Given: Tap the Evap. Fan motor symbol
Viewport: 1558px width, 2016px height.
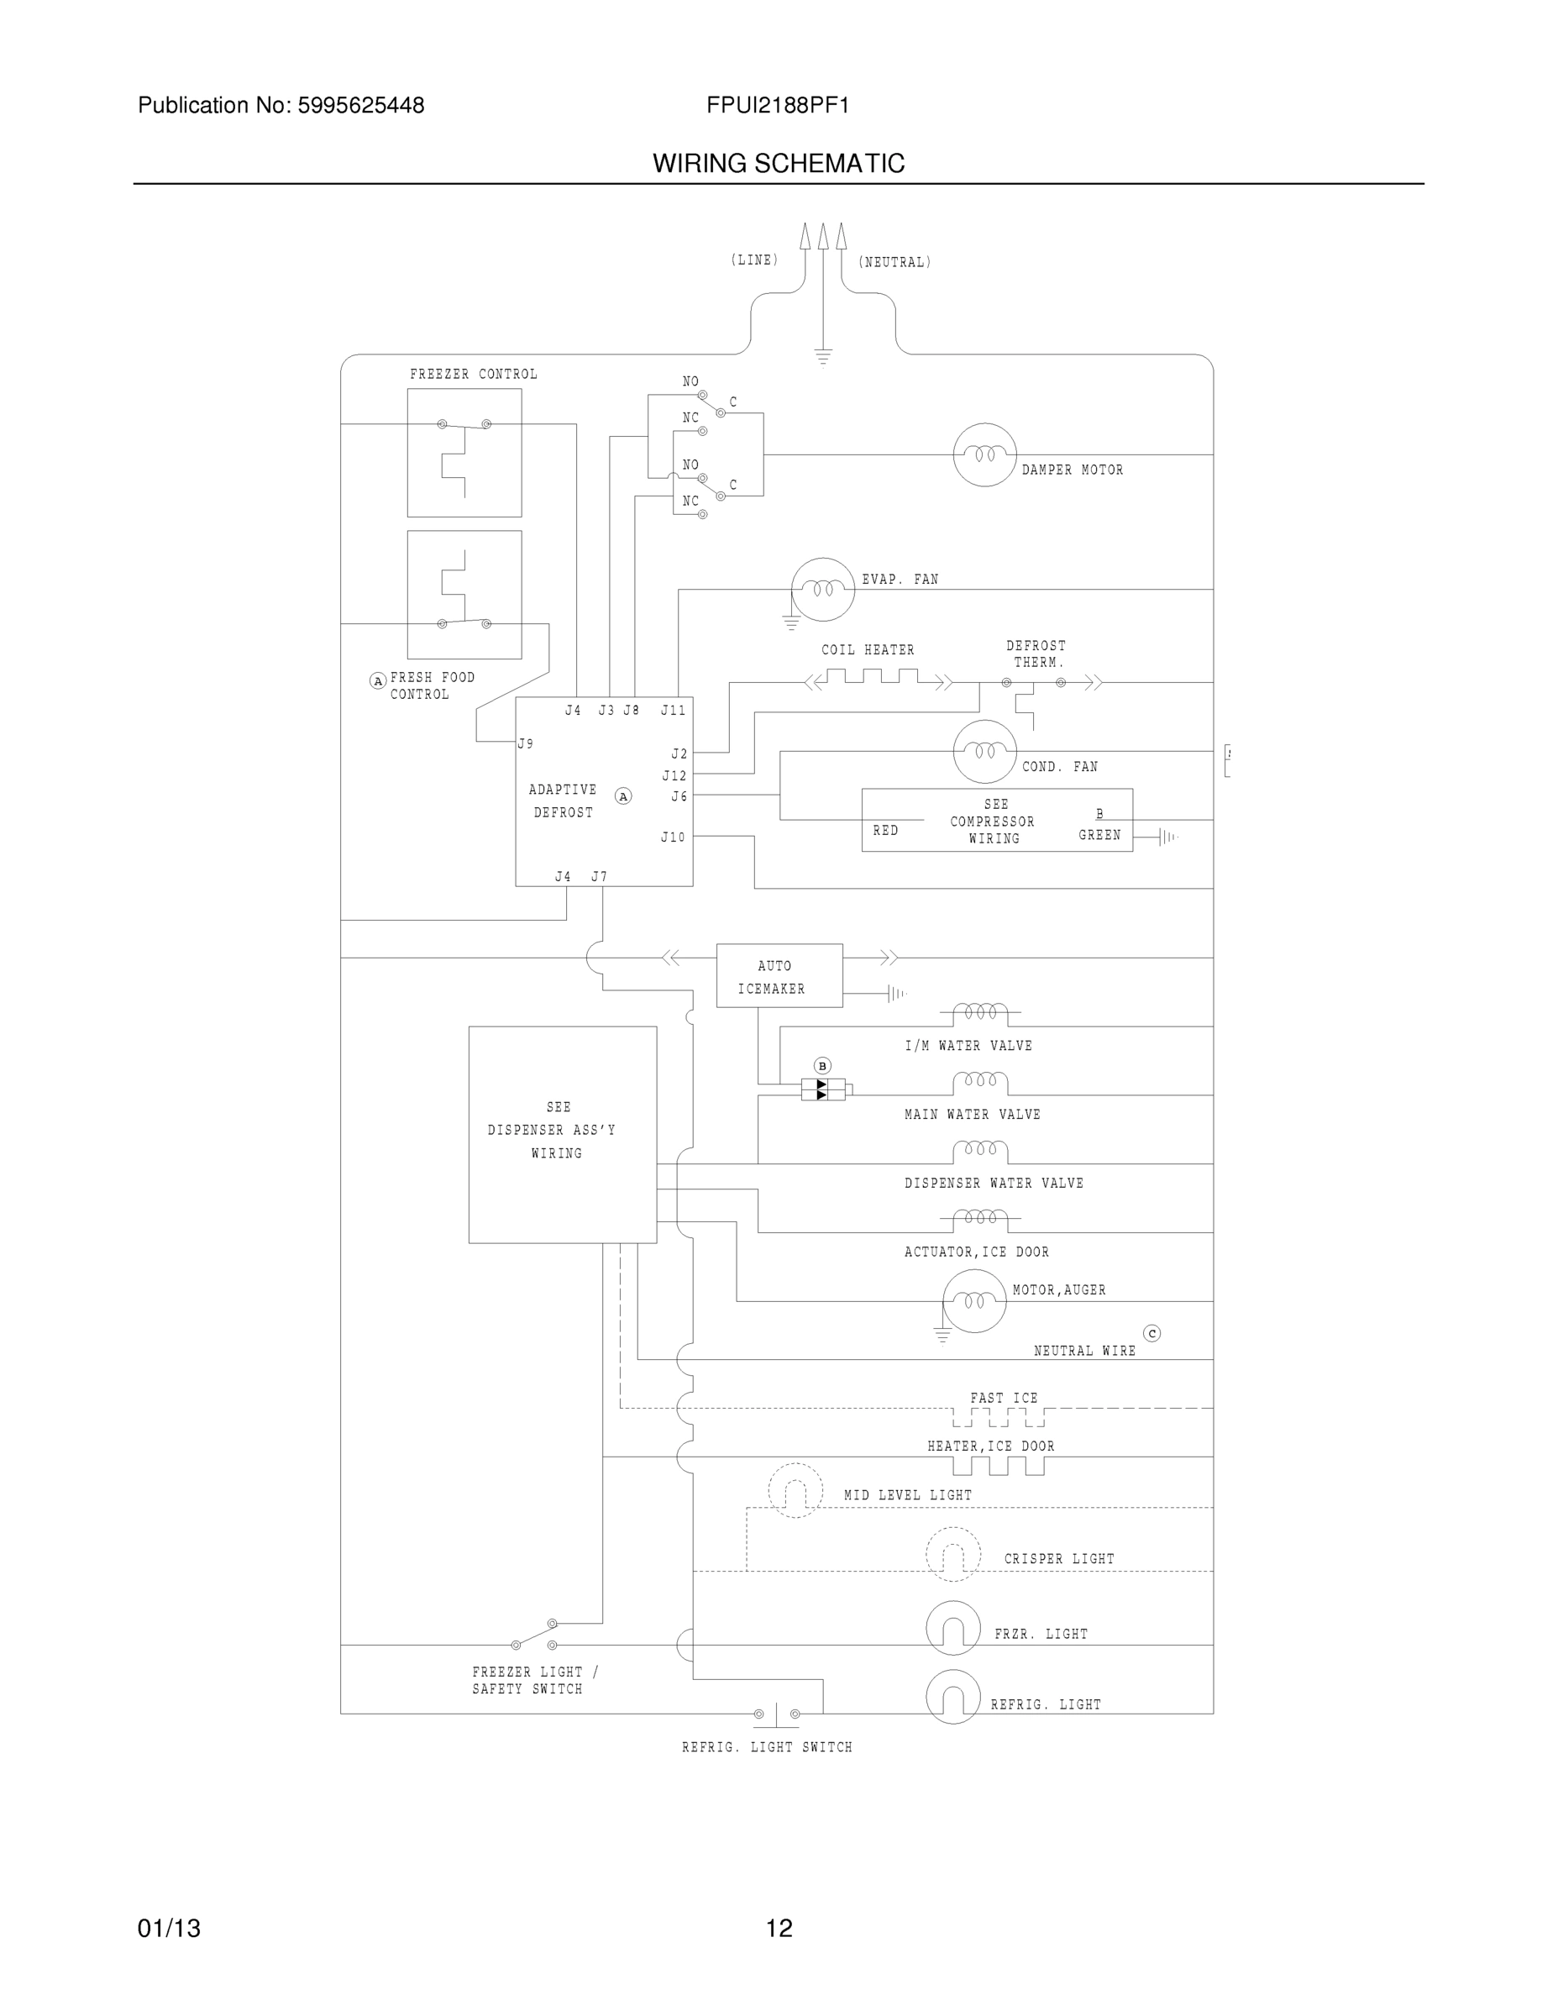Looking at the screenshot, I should [x=822, y=589].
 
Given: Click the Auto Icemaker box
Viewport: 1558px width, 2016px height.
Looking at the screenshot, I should [x=779, y=976].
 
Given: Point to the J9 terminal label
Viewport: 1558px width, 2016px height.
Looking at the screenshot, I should [x=525, y=743].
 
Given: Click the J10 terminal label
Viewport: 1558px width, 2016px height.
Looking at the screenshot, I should [x=673, y=837].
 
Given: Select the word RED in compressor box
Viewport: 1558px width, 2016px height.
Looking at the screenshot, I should [x=885, y=831].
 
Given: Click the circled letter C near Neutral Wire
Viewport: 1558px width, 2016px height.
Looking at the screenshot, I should [x=1151, y=1333].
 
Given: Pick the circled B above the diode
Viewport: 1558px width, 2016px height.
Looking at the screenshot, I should [x=822, y=1065].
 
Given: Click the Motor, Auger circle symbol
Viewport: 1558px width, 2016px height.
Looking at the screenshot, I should [x=973, y=1300].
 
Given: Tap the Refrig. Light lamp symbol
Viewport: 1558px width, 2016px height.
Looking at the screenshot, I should [x=952, y=1697].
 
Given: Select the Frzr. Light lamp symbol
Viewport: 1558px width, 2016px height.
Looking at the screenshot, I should [x=952, y=1628].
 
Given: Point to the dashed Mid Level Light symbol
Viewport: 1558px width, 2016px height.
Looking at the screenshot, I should [x=795, y=1490].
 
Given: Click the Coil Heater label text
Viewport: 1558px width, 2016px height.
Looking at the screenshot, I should [x=868, y=650].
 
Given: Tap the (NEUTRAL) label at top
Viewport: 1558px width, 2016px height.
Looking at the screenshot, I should [x=894, y=262].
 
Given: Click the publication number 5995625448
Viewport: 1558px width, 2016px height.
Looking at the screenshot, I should [x=361, y=105].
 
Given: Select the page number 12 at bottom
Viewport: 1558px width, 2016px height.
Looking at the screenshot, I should [x=779, y=1929].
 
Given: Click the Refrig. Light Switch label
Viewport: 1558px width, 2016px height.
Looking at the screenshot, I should [x=767, y=1747].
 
